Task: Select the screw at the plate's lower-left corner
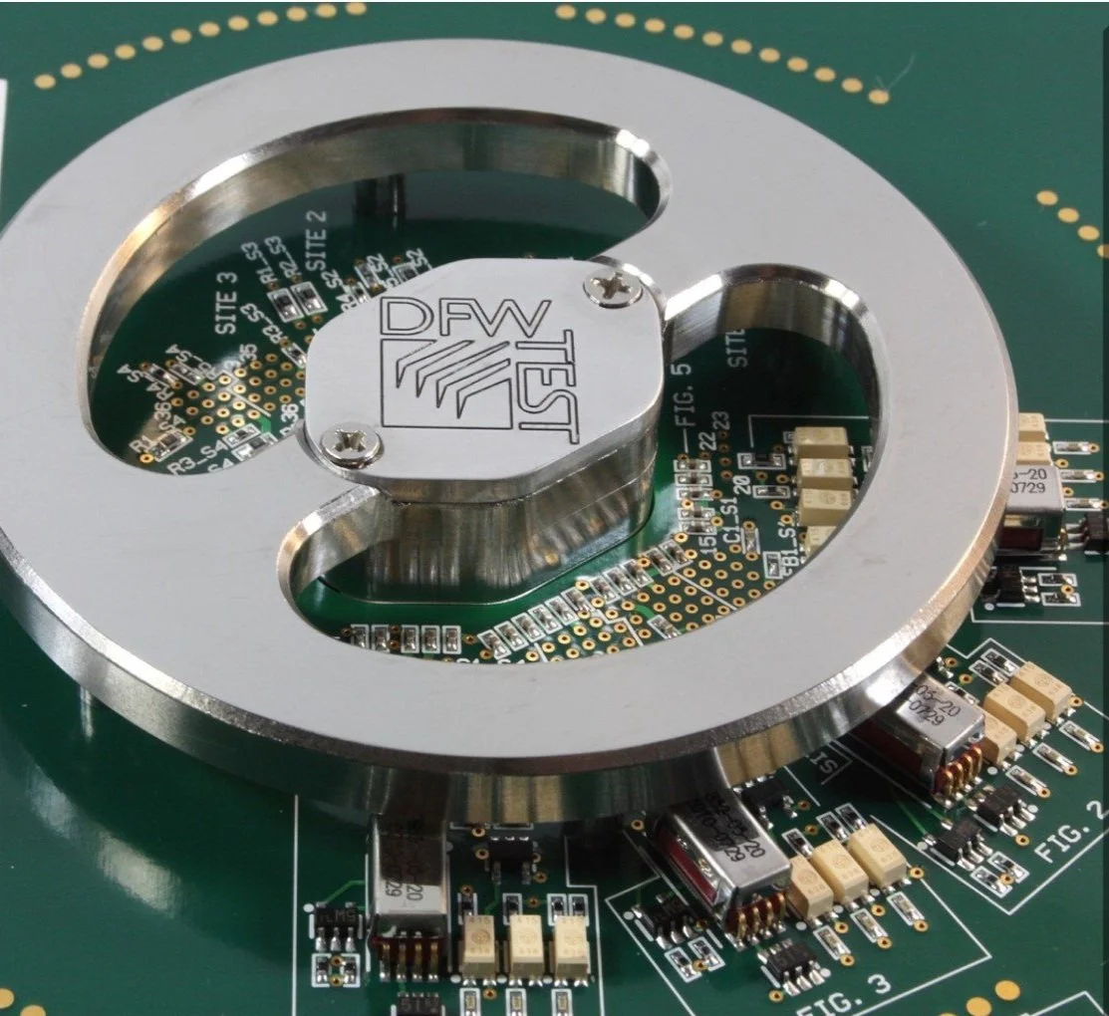pyautogui.click(x=352, y=443)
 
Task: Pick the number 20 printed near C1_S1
pyautogui.click(x=742, y=485)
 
